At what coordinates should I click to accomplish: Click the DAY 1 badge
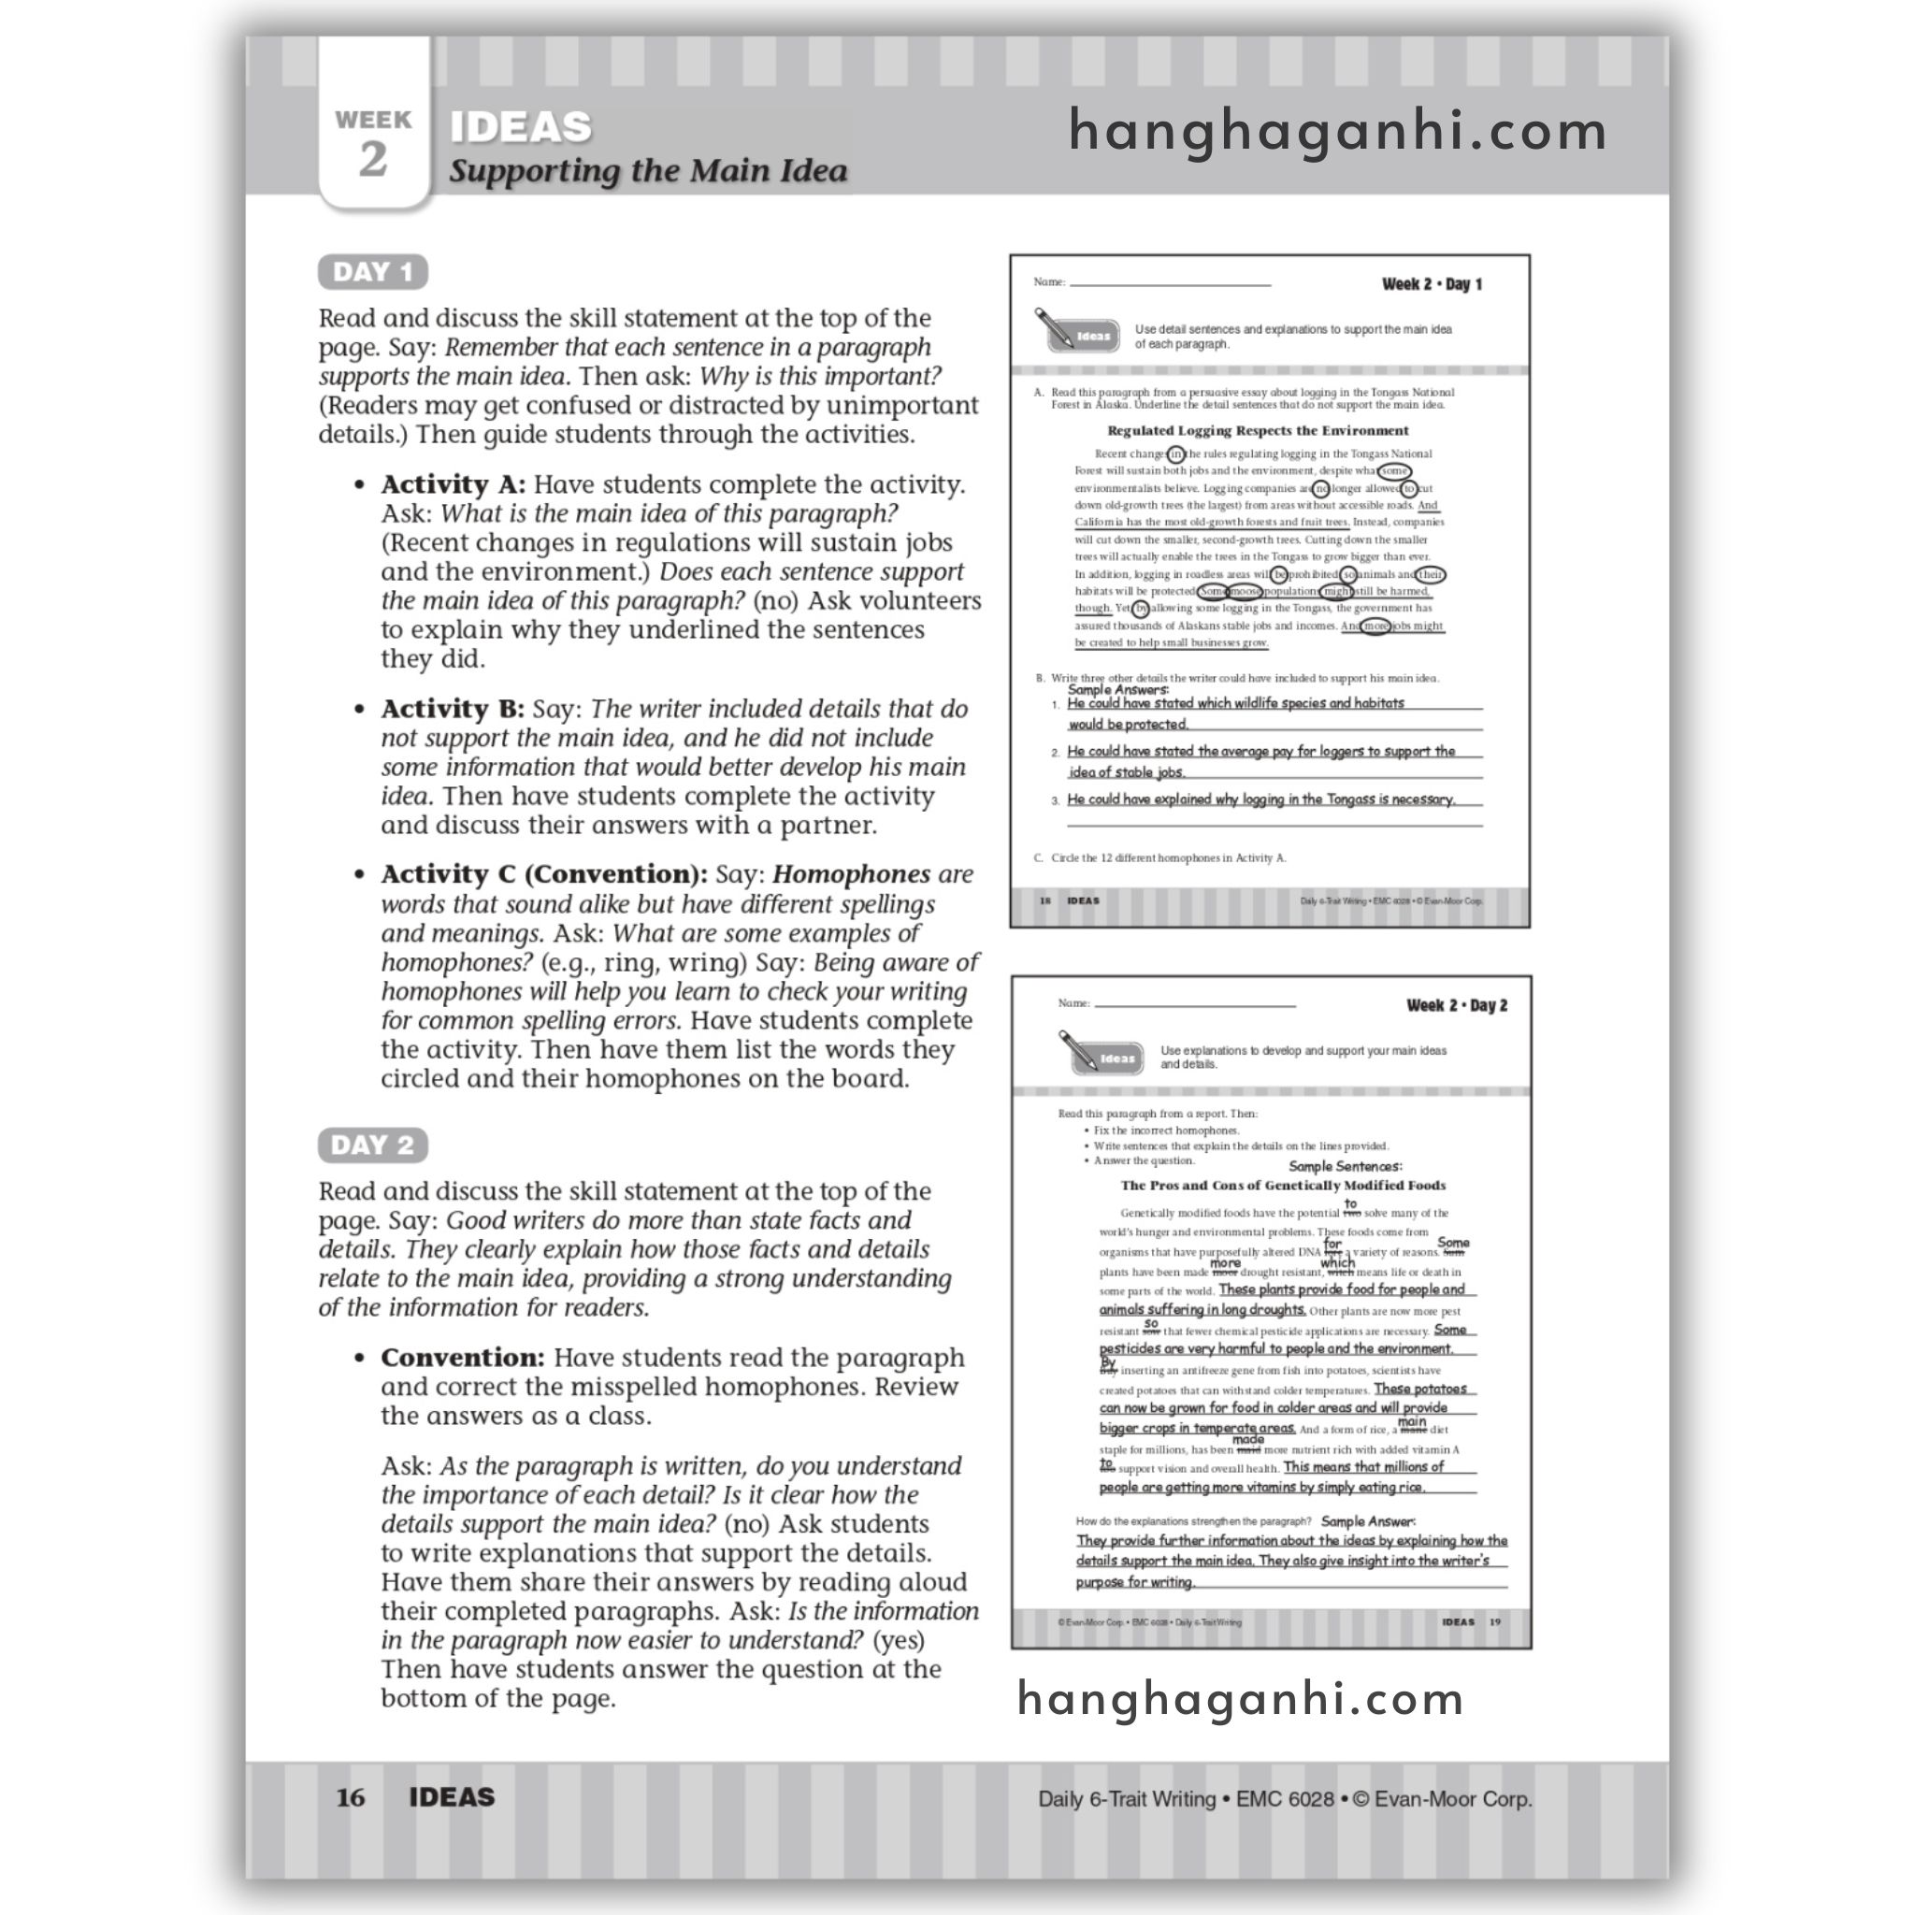pos(372,271)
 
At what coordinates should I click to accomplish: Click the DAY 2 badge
pos(372,1145)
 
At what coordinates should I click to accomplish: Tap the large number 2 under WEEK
pos(373,160)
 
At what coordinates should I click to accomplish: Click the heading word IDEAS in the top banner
pos(521,127)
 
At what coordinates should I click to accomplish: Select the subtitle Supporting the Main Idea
pos(648,170)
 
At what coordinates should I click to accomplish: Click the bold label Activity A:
pos(453,484)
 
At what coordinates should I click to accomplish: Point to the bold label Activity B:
pos(452,709)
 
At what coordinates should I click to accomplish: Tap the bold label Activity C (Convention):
pos(543,874)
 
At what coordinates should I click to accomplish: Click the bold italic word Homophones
pos(851,874)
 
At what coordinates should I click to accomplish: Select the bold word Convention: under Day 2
pos(462,1358)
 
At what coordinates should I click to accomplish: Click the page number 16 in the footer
pos(350,1797)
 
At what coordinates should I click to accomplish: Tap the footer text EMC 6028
pos(1285,1798)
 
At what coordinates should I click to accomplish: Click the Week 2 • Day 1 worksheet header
pos(1432,284)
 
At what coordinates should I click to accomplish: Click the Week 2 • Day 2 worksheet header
pos(1456,1005)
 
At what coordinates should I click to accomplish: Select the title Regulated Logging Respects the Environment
pos(1257,430)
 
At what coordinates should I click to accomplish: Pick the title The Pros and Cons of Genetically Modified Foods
pos(1283,1185)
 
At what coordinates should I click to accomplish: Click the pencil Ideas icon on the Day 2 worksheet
pos(1101,1054)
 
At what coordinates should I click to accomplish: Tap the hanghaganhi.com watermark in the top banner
pos(1337,131)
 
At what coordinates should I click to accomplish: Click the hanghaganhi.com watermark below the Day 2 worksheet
pos(1240,1698)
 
